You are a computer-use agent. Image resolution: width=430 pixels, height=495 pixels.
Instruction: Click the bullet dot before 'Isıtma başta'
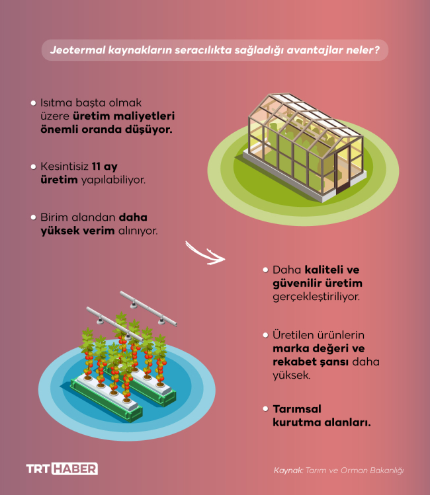point(33,104)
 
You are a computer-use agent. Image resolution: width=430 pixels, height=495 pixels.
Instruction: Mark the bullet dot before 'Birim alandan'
point(33,217)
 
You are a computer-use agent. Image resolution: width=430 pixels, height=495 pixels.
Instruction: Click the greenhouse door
point(343,170)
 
